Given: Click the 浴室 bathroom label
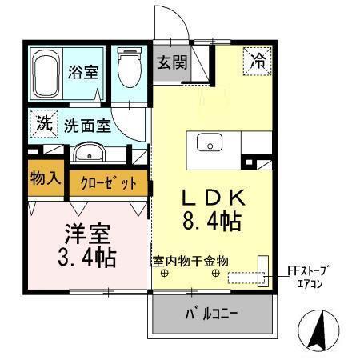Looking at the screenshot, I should pos(83,71).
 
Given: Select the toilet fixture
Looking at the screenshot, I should pos(127,70).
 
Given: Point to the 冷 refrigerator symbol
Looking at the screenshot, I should pos(258,59).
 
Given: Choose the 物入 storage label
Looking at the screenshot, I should pos(45,177).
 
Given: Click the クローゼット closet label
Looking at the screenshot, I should pos(109,183).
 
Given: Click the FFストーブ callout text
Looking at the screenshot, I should pos(308,270).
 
